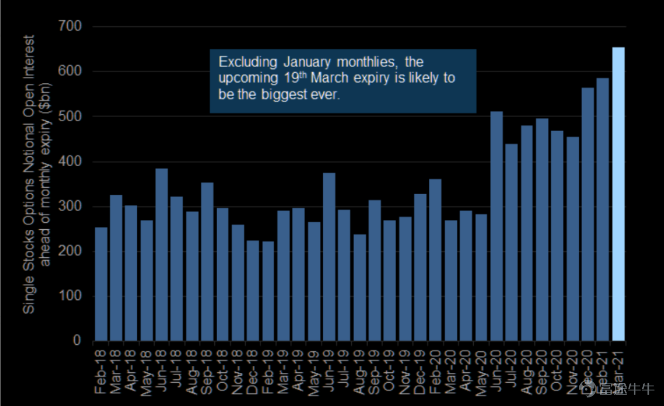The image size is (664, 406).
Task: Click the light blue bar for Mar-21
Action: [618, 194]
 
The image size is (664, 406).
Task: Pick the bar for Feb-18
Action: [101, 284]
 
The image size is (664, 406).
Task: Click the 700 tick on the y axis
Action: [70, 27]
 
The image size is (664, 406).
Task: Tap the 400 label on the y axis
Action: [70, 162]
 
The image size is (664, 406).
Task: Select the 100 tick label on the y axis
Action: [70, 296]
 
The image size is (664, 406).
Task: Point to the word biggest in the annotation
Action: [283, 94]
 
